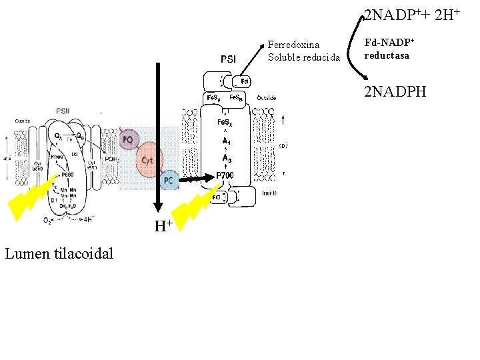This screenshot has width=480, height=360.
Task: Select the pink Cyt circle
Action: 149,160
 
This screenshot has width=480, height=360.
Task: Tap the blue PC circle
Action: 169,181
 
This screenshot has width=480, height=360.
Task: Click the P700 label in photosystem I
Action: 224,176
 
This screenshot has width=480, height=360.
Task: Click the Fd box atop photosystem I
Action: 245,81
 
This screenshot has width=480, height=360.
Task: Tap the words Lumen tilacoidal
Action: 59,253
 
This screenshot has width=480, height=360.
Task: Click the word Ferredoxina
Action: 293,45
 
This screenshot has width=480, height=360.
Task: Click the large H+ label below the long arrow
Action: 163,226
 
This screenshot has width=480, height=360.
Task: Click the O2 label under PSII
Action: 47,220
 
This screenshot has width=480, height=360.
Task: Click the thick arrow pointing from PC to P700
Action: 195,179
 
